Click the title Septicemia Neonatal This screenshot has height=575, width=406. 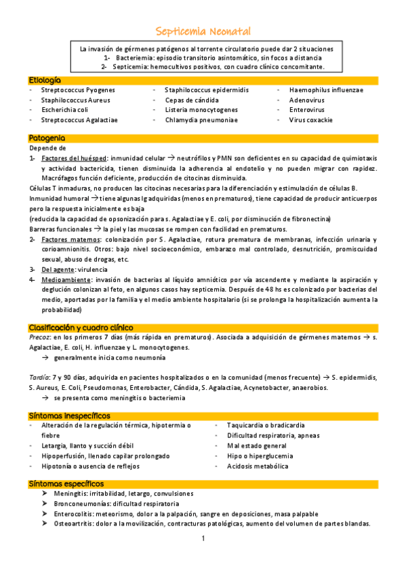pyautogui.click(x=203, y=31)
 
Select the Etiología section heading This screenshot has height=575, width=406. pyautogui.click(x=45, y=80)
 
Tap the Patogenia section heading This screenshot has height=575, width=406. pyautogui.click(x=47, y=138)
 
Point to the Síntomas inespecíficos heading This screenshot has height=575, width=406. pyautogui.click(x=69, y=415)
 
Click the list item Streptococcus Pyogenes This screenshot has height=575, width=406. pyautogui.click(x=77, y=90)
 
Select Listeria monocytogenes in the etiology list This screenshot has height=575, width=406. pyautogui.click(x=201, y=110)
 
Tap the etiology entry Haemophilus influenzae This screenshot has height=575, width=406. pyautogui.click(x=325, y=90)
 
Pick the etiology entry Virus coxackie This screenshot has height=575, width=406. pyautogui.click(x=310, y=120)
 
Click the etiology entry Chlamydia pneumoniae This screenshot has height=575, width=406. pyautogui.click(x=201, y=120)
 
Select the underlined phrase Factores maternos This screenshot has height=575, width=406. pyautogui.click(x=69, y=239)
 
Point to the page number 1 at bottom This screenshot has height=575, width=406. pyautogui.click(x=203, y=539)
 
